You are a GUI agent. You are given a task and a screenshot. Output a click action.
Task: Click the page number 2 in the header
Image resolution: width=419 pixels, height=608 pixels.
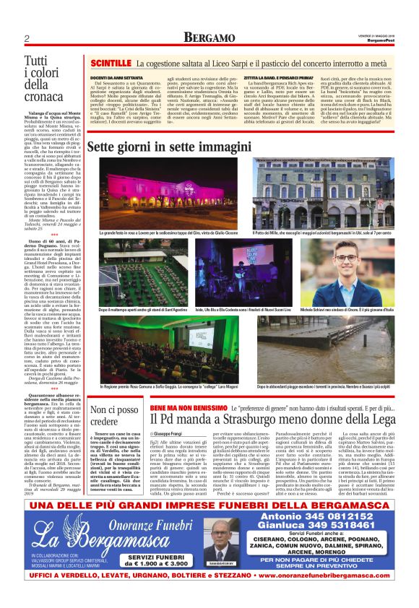(26, 38)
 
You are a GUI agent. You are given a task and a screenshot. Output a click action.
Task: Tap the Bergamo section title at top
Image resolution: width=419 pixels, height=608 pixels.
(209, 38)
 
